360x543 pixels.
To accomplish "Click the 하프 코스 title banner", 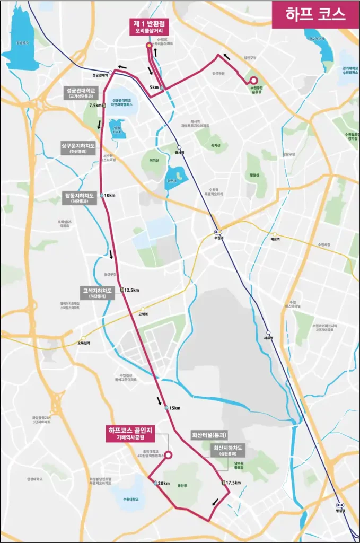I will [315, 14].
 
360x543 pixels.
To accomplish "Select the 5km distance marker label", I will [154, 87].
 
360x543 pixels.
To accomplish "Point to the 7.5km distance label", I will [96, 106].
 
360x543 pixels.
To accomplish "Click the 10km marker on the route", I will [110, 195].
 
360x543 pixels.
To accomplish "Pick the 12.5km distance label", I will [131, 290].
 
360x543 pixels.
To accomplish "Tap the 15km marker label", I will [174, 408].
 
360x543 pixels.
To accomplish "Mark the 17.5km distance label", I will [233, 483].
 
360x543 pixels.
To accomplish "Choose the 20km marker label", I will [163, 484].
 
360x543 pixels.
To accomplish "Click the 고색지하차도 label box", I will [97, 293].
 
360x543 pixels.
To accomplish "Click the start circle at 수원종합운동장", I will [253, 81].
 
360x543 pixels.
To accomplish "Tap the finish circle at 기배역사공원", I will [168, 454].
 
